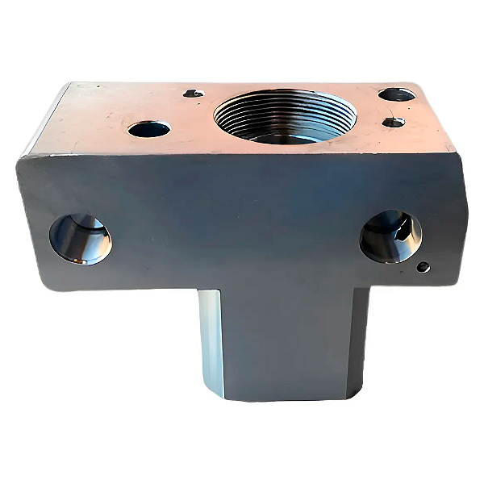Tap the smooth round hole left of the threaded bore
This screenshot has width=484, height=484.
coord(149,128)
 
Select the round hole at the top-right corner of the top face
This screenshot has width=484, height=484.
coord(396,94)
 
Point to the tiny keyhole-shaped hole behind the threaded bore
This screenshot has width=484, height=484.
coord(193,94)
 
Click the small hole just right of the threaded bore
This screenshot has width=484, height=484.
coord(393,122)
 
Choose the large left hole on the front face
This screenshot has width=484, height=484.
coord(80,240)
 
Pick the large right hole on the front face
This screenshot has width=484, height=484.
coord(390,236)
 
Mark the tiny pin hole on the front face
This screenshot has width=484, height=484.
coord(422,267)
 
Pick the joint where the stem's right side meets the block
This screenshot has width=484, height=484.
coord(369,289)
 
